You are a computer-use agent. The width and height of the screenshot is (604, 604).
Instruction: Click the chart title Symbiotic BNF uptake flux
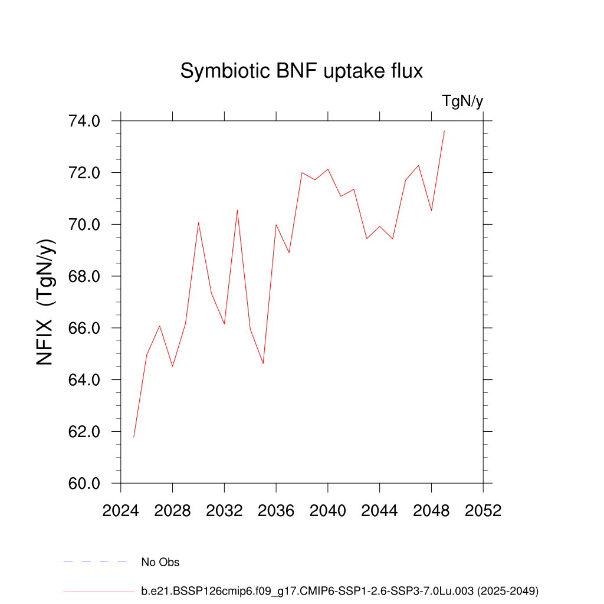coord(301,71)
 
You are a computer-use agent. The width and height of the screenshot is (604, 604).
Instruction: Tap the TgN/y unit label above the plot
coord(463,101)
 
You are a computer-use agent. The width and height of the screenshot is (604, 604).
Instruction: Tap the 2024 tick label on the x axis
coord(120,511)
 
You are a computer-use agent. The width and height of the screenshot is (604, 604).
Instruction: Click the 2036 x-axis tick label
coord(276,511)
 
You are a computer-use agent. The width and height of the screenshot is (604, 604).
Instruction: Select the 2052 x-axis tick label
coord(483,511)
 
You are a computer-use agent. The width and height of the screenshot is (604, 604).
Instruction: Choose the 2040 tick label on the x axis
coord(328,511)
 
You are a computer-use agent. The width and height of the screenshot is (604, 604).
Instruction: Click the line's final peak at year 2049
coord(444,131)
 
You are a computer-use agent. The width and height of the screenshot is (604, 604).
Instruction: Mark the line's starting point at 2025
coord(134,436)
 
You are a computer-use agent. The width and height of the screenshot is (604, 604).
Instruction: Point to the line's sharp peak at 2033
coord(237,210)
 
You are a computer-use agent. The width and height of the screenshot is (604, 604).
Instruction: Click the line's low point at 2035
coord(263,363)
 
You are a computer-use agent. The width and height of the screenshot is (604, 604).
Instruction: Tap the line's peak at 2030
coord(198,222)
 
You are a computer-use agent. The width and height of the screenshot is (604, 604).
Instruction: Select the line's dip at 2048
coord(431,211)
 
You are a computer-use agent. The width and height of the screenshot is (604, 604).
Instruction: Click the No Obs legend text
coord(160,562)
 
